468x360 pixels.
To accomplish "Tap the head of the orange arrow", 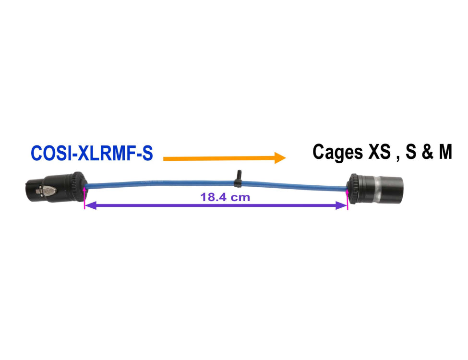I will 280,157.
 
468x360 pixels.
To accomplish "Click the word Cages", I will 337,152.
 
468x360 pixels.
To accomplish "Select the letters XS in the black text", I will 380,152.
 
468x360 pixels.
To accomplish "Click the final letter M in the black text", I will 444,152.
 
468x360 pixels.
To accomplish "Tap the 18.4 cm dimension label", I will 225,197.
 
